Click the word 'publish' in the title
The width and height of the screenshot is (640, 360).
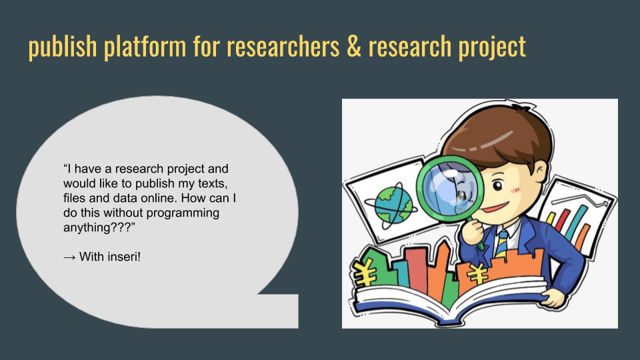pos(63,46)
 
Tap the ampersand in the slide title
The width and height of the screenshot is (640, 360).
pos(354,45)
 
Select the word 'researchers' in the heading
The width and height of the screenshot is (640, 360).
pos(283,45)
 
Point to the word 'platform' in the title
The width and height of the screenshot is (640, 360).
pos(145,46)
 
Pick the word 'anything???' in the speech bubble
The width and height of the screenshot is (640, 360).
pos(99,227)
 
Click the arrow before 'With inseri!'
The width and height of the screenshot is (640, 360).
pos(69,257)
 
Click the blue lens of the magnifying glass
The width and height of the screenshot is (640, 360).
pos(449,189)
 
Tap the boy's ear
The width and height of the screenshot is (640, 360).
pos(540,172)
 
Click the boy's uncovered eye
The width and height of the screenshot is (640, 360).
pos(497,186)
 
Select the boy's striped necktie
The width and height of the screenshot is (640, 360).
pos(501,243)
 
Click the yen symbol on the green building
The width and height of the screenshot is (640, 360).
pos(365,271)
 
